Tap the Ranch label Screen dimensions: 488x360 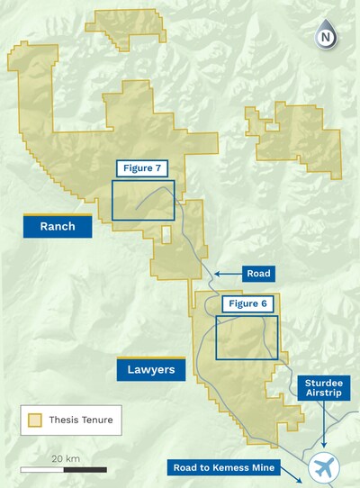57,227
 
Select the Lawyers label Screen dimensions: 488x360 150,368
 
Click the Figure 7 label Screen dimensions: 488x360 142,168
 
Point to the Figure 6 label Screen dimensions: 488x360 246,304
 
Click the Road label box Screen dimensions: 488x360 259,273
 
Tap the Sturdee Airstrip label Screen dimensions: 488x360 325,387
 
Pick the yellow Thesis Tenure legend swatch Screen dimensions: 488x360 35,420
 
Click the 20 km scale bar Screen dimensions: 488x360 64,469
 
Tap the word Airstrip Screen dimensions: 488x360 325,393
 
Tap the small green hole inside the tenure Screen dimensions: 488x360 166,234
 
